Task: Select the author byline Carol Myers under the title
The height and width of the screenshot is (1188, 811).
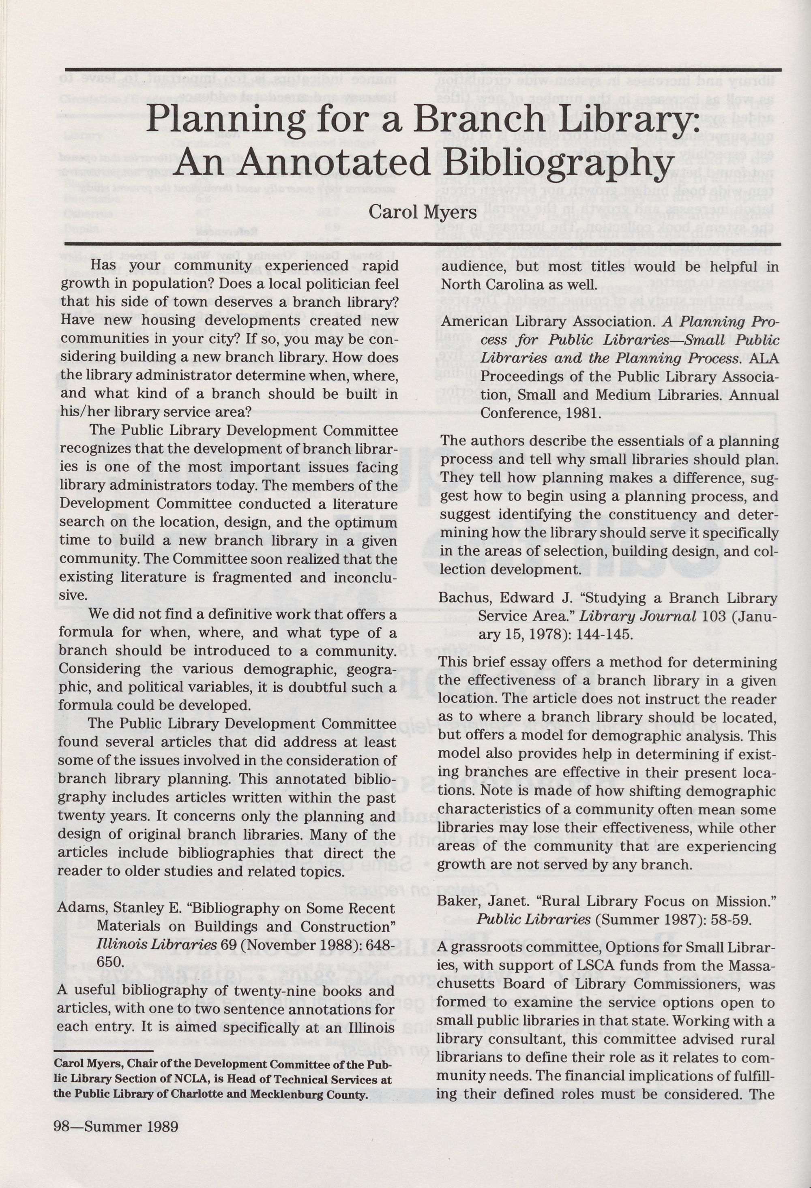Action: [423, 211]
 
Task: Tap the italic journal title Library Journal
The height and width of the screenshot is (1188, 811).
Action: [637, 616]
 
